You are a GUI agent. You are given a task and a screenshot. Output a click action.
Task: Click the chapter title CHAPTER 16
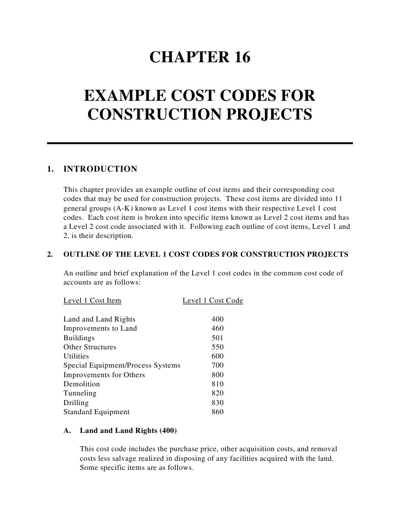200,58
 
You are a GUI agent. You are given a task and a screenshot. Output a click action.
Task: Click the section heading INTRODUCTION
100,169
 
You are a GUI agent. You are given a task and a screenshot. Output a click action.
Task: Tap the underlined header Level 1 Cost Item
92,300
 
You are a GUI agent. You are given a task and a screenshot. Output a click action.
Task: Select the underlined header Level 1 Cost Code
212,300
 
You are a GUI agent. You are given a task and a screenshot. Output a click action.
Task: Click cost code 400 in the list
217,319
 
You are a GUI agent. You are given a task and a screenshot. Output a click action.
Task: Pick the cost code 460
217,328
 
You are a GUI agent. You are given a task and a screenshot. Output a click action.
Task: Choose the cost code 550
217,347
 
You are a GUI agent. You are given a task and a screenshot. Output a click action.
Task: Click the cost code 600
217,356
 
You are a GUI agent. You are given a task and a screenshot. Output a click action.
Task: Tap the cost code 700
217,365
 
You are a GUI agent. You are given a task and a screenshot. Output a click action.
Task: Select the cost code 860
217,412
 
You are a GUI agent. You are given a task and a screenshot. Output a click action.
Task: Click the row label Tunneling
80,393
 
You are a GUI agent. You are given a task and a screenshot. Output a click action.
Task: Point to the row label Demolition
81,384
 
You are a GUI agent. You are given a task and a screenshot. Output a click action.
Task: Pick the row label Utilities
76,356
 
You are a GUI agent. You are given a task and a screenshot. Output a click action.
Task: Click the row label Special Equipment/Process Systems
121,365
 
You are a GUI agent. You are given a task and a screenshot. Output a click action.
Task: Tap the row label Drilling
76,403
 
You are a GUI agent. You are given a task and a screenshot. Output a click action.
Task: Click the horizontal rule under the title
200,143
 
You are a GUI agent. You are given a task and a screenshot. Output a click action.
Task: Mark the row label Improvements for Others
104,375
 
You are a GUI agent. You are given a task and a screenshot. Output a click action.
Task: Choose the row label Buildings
79,338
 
